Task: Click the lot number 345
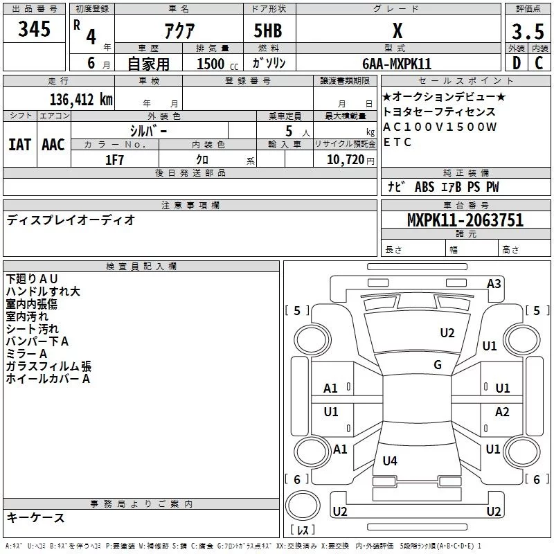tap(35, 30)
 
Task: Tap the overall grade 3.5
tap(527, 33)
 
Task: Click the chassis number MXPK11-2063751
tap(465, 221)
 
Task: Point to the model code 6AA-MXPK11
tap(397, 64)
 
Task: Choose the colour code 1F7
tap(114, 159)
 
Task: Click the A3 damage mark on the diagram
tap(494, 284)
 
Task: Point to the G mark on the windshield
tap(438, 365)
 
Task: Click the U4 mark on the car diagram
tap(390, 461)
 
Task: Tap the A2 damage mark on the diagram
tap(502, 412)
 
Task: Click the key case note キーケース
tap(35, 517)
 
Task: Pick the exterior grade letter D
tap(515, 64)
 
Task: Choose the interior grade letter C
tap(538, 64)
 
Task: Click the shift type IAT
tap(19, 145)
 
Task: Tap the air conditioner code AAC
tap(53, 145)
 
